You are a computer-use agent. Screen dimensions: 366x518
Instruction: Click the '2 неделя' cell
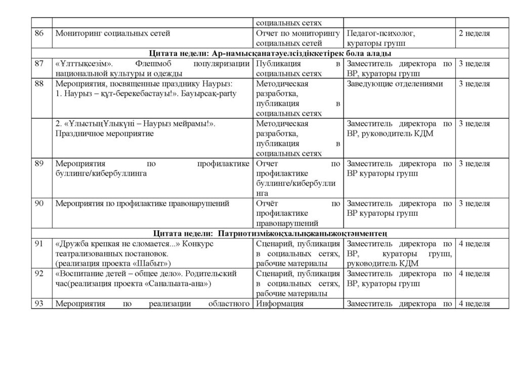474,33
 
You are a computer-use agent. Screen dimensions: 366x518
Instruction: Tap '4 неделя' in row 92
474,274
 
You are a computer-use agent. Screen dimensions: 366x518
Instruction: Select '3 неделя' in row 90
474,204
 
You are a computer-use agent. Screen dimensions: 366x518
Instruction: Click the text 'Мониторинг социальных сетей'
112,33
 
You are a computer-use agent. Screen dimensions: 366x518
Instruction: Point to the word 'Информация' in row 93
280,304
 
